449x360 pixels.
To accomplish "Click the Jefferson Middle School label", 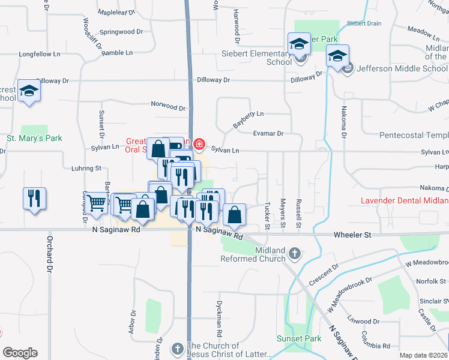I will [x=402, y=68].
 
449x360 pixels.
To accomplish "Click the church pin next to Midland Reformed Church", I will [x=294, y=254].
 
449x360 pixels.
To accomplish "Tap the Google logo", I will [x=20, y=353].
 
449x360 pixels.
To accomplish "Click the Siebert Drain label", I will [x=364, y=23].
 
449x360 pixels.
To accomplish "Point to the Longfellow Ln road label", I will [x=40, y=54].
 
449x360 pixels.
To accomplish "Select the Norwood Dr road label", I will [x=168, y=106].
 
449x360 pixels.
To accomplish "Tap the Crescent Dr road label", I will [x=324, y=274].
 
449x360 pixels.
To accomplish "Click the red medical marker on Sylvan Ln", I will [x=199, y=145].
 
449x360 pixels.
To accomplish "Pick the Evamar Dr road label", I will [x=268, y=133].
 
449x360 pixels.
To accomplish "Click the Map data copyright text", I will [x=423, y=355].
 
